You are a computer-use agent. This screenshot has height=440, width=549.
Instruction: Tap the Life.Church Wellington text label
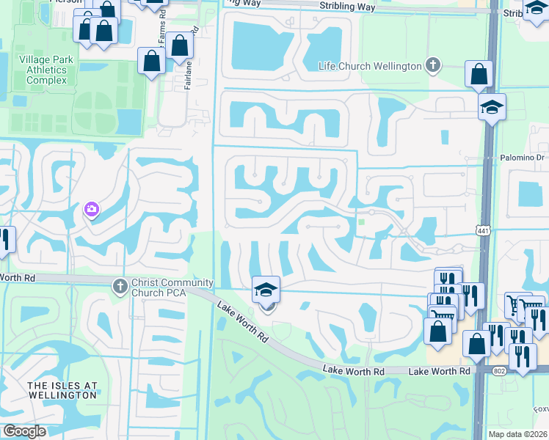(370, 66)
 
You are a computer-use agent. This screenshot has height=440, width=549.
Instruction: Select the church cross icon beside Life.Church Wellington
(434, 66)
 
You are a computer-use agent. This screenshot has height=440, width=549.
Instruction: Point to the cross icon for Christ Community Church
(120, 285)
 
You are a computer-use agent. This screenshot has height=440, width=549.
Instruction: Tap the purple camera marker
(92, 210)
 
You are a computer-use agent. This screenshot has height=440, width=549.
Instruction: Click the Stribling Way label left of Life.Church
(347, 7)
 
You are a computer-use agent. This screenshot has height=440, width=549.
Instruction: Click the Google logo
(24, 431)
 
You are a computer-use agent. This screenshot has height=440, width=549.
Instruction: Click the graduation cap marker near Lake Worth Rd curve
(266, 290)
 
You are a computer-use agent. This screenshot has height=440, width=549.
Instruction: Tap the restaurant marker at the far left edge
(4, 240)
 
